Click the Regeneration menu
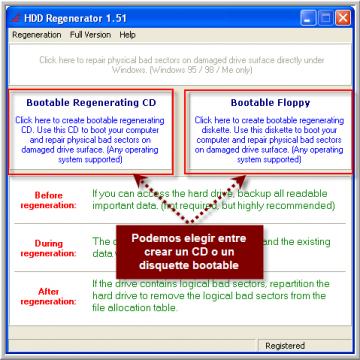coord(36,35)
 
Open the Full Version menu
coord(90,35)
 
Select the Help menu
coord(127,35)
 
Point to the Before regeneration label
coord(48,200)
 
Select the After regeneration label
coord(48,297)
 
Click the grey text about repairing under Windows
coord(181,64)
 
